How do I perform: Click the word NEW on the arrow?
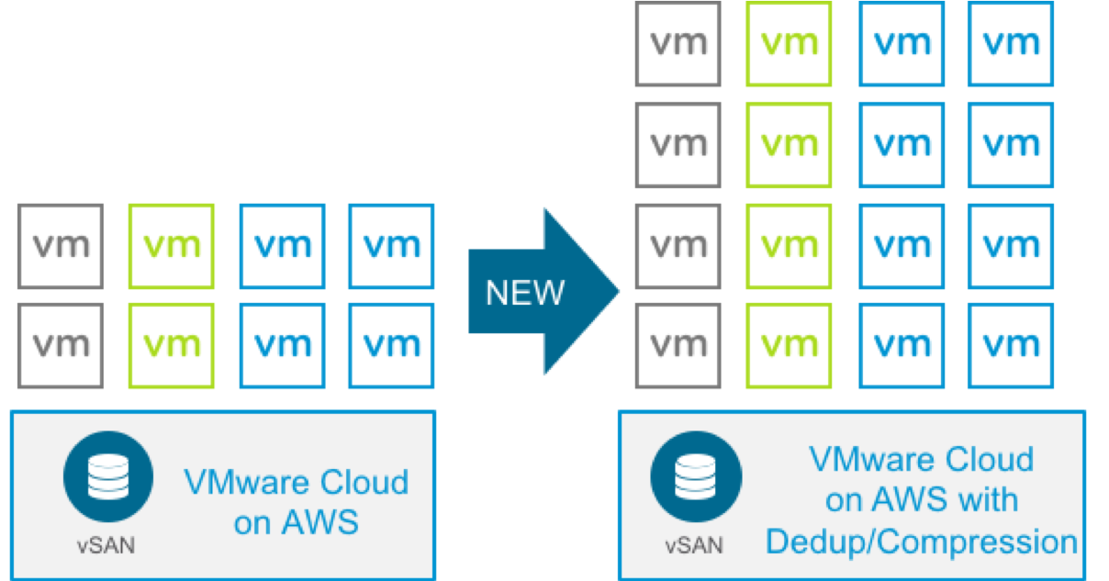tap(524, 292)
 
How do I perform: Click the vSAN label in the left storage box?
tap(106, 544)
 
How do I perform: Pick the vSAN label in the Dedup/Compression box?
tap(693, 544)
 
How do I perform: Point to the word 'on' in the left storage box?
tap(252, 522)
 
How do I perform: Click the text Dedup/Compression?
tap(921, 542)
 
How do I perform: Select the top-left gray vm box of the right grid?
tap(678, 43)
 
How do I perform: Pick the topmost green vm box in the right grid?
tap(790, 43)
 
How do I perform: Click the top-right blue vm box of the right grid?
tap(1011, 43)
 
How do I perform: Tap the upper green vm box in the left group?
tap(173, 246)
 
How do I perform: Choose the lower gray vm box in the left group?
tap(61, 345)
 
